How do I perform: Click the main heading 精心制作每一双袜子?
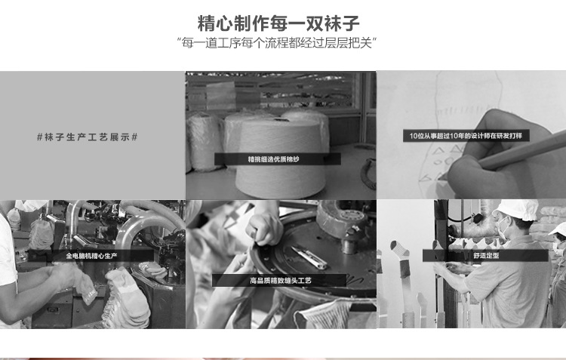(278, 23)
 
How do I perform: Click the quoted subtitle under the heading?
(277, 43)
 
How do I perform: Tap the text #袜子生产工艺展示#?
(88, 137)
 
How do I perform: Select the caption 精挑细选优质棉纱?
(274, 159)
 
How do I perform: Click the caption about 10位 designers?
(466, 136)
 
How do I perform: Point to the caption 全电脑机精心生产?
(91, 256)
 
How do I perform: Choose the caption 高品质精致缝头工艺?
(281, 280)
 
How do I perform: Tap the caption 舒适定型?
(486, 255)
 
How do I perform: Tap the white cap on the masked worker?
(515, 209)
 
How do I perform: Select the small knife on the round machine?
(309, 257)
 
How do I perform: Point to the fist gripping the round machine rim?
(265, 229)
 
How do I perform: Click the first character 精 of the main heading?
(207, 23)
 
